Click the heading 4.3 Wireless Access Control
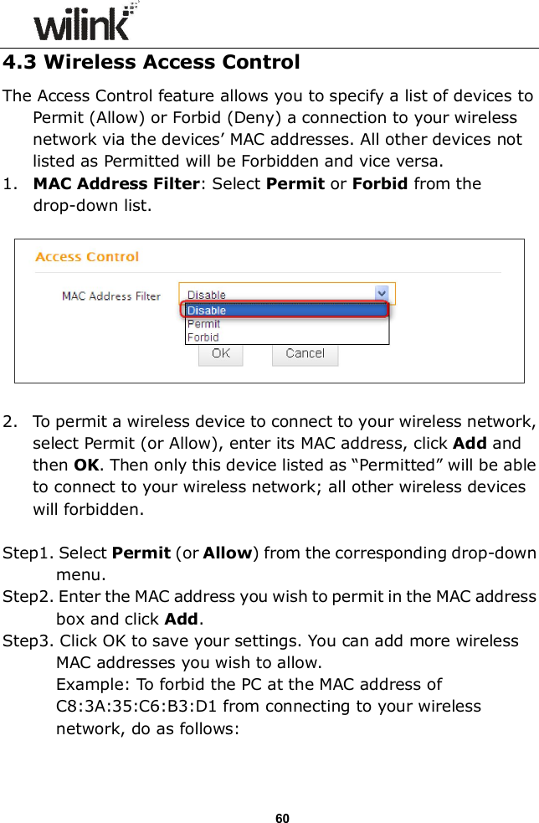click(151, 63)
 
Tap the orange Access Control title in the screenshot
click(87, 257)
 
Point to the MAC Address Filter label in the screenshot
click(111, 296)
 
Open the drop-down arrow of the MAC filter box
click(382, 294)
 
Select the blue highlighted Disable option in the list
click(206, 310)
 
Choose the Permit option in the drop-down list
click(203, 324)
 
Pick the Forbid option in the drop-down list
click(203, 337)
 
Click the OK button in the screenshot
click(220, 353)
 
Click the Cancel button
click(305, 353)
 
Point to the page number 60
click(282, 817)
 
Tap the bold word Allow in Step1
click(228, 553)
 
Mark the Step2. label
click(28, 597)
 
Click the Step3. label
click(28, 640)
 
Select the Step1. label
click(28, 553)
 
